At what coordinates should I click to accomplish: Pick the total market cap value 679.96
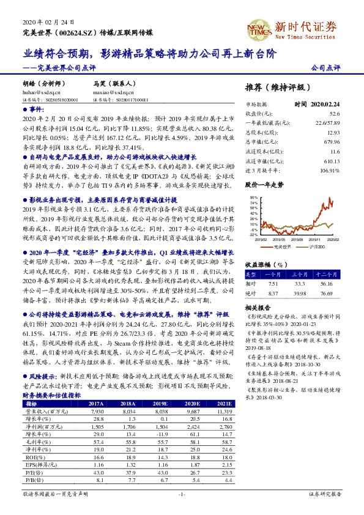[x=331, y=140]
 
